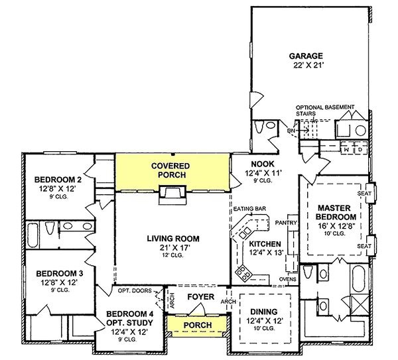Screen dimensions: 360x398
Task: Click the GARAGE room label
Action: point(306,56)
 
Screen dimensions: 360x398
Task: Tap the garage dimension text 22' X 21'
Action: point(306,67)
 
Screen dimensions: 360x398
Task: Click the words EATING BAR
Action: point(250,209)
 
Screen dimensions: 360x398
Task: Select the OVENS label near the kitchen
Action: point(287,279)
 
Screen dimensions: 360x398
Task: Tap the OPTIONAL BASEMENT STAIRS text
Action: point(325,110)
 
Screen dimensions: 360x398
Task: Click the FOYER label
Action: point(200,297)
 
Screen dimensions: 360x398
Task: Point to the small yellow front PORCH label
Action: point(198,325)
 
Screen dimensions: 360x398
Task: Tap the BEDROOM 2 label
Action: point(58,179)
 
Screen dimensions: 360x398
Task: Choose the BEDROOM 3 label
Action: point(58,273)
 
